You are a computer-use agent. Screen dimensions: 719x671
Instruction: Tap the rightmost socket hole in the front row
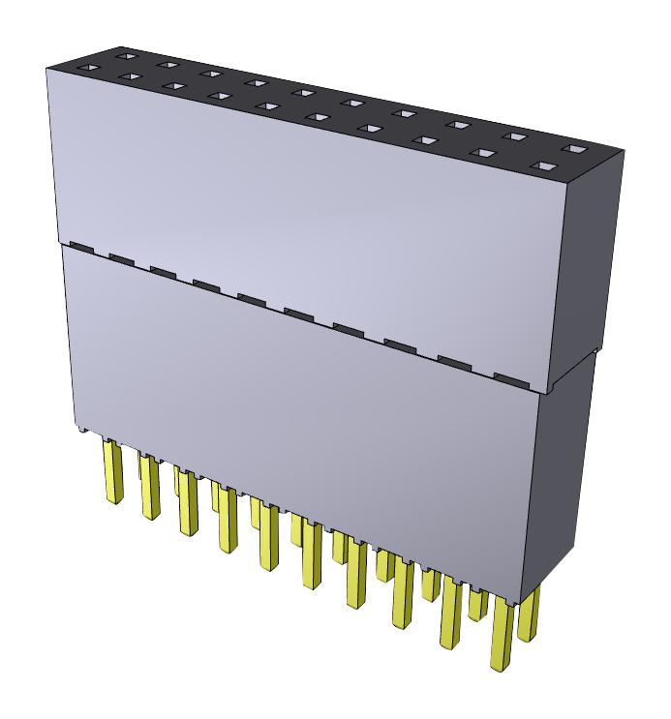(548, 166)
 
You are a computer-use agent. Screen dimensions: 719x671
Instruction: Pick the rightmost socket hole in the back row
(575, 150)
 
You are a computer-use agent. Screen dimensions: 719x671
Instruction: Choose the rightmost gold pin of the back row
(528, 617)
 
